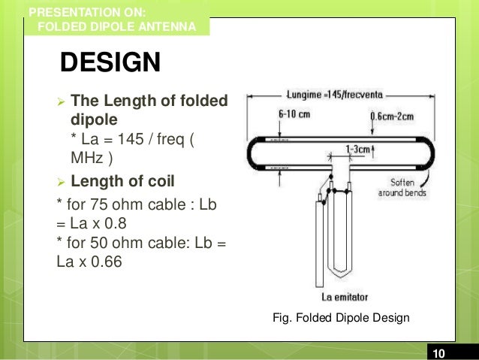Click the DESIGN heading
(x=110, y=62)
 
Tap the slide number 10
(x=438, y=353)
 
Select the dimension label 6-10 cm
(x=294, y=114)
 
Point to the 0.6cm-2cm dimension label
(x=392, y=116)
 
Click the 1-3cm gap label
(x=357, y=149)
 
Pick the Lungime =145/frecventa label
(x=335, y=95)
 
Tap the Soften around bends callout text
(x=402, y=187)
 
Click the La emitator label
(x=345, y=297)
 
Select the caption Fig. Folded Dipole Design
(x=341, y=317)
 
